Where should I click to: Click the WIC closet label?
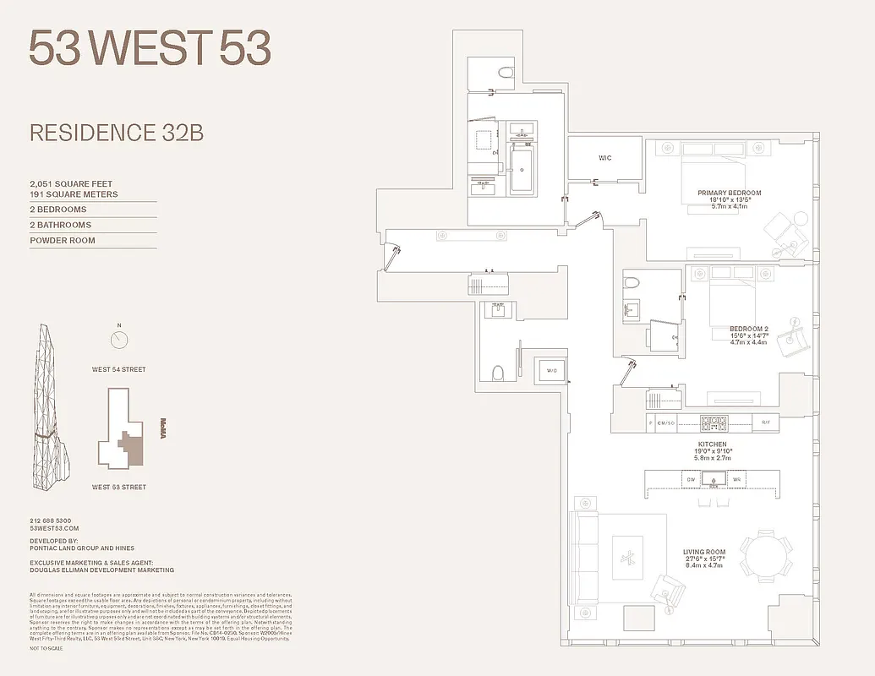(x=604, y=158)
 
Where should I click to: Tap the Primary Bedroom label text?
(x=729, y=194)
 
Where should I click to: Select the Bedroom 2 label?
(x=749, y=329)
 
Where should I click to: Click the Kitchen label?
(x=712, y=444)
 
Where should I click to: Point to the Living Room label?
(x=704, y=553)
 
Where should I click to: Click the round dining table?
(x=768, y=557)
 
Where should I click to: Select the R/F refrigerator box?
(x=766, y=423)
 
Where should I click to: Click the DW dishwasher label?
(x=690, y=480)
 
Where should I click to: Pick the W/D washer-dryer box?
(x=551, y=369)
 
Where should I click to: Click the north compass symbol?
(x=119, y=340)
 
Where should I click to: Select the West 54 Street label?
(x=119, y=369)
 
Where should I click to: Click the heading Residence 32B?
(x=116, y=133)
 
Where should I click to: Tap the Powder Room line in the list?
(x=63, y=241)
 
